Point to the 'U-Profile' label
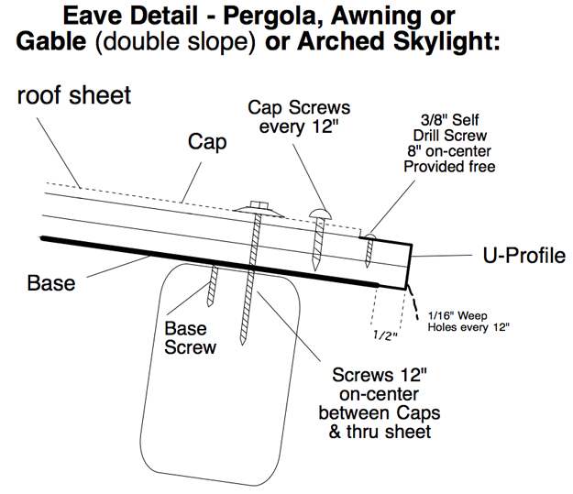[x=524, y=256]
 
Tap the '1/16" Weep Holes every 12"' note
[x=468, y=321]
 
